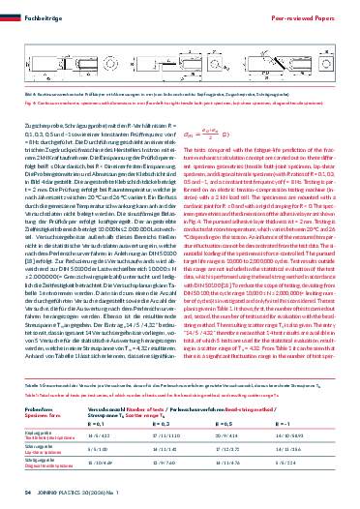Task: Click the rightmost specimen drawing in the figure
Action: click(300, 89)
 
